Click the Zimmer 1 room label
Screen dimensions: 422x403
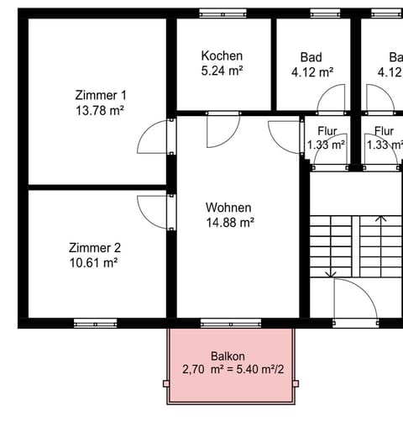point(94,95)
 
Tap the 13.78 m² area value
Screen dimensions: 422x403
point(94,110)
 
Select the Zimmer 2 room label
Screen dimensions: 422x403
point(94,248)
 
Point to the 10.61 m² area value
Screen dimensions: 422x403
point(94,263)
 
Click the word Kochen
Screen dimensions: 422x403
point(222,56)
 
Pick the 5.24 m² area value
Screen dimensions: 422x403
point(222,71)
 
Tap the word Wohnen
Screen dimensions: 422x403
point(229,208)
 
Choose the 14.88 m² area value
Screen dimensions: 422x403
point(229,223)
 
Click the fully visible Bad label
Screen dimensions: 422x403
point(311,57)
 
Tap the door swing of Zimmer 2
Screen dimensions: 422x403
point(154,210)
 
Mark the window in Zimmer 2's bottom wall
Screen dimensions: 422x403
point(94,323)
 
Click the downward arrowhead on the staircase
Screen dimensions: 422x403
point(334,273)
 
